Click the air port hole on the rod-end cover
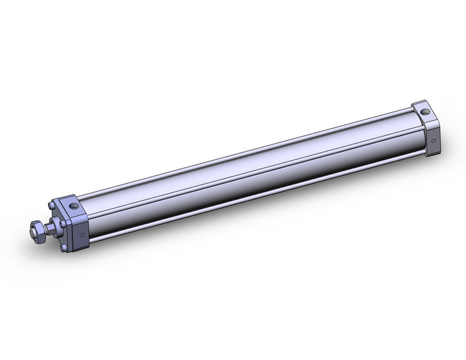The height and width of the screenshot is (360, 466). [x=74, y=207]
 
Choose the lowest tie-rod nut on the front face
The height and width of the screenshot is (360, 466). [x=64, y=247]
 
